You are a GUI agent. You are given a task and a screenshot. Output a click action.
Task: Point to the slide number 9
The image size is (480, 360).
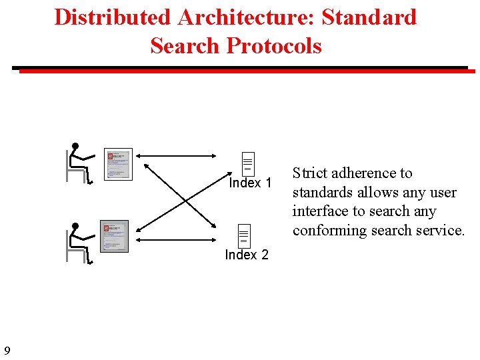pyautogui.click(x=7, y=351)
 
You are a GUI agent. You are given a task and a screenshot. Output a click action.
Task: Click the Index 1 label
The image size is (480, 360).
pyautogui.click(x=250, y=183)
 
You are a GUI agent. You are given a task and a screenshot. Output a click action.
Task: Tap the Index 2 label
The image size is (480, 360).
pyautogui.click(x=247, y=255)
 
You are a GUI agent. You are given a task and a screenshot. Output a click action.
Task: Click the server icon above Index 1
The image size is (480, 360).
pyautogui.click(x=247, y=163)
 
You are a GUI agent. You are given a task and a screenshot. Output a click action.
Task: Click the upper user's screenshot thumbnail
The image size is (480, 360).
pyautogui.click(x=118, y=164)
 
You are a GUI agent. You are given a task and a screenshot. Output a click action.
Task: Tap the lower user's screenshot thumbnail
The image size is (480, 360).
pyautogui.click(x=114, y=236)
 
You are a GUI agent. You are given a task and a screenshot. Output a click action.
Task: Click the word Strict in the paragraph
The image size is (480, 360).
pyautogui.click(x=309, y=173)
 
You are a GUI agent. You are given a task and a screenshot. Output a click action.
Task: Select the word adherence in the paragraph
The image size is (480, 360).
pyautogui.click(x=364, y=173)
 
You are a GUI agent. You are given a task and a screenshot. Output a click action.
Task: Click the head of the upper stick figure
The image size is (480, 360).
pyautogui.click(x=75, y=146)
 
